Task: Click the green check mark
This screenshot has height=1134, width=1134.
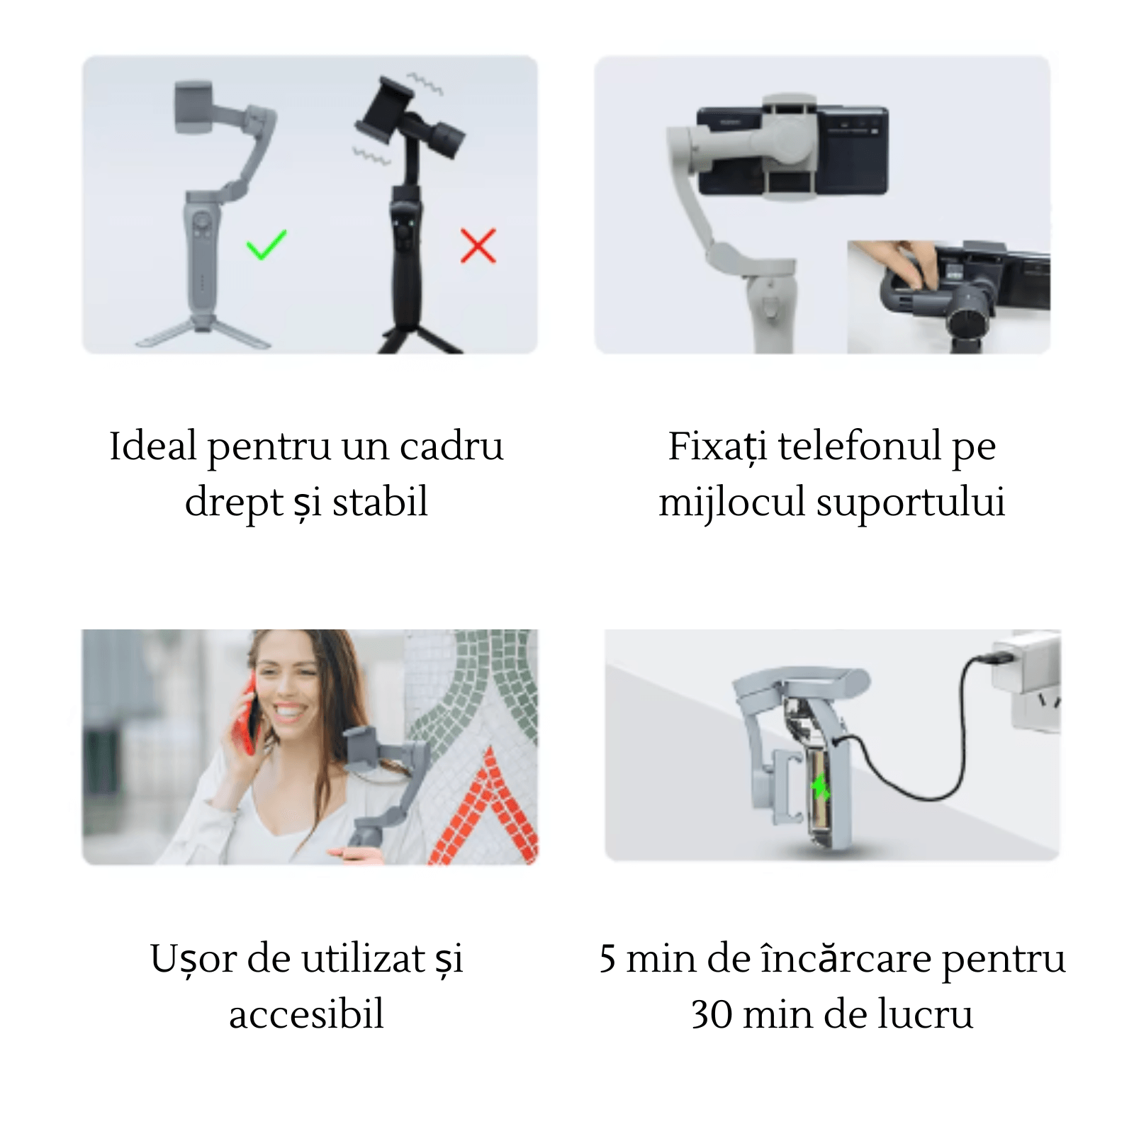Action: pos(266,245)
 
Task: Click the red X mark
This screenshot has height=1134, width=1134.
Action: pos(478,245)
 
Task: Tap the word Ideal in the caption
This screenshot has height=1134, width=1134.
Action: pos(152,447)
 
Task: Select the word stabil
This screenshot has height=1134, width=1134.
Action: pos(380,503)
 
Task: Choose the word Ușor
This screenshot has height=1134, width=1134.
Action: pos(193,960)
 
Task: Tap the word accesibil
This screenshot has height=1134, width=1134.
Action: pos(306,1014)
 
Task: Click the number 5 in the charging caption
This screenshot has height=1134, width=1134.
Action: pos(607,959)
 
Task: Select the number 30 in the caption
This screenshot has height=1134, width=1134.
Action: pos(712,1014)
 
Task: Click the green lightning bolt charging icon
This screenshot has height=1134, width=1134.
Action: pos(821,787)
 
